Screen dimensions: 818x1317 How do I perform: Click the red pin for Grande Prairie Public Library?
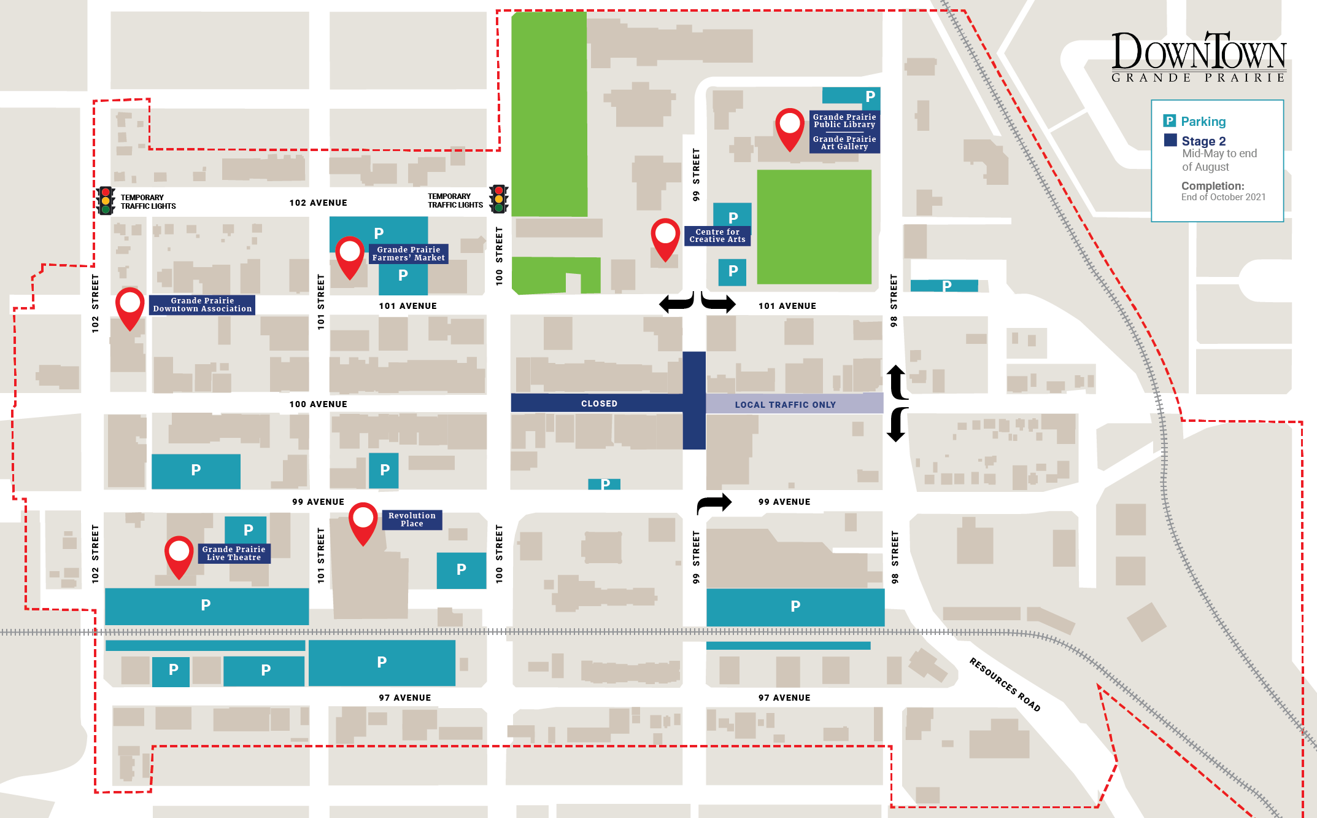click(789, 127)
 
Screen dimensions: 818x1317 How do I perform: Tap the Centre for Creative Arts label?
click(717, 236)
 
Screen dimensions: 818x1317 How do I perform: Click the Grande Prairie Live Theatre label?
click(234, 553)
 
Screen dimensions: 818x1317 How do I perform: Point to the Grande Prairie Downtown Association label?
click(202, 305)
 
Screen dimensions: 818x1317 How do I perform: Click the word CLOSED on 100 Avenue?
click(599, 403)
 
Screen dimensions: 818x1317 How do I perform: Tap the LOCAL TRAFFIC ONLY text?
click(785, 405)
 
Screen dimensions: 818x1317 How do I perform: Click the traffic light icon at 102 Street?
click(106, 201)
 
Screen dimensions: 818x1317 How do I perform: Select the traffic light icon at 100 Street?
click(498, 199)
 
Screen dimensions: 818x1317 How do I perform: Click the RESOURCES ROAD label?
click(1004, 684)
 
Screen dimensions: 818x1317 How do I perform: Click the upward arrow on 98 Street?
click(896, 381)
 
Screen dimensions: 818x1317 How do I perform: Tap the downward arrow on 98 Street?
click(896, 425)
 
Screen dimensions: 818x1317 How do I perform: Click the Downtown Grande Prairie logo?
click(1198, 57)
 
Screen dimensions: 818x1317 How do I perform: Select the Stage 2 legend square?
click(1170, 140)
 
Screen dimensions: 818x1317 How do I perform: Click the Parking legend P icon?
click(1170, 121)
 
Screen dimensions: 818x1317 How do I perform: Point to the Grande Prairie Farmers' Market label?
click(408, 254)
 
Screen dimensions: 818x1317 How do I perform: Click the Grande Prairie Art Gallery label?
click(844, 142)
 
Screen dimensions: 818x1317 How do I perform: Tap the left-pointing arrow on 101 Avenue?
click(676, 303)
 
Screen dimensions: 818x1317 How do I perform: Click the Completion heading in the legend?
click(1212, 185)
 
